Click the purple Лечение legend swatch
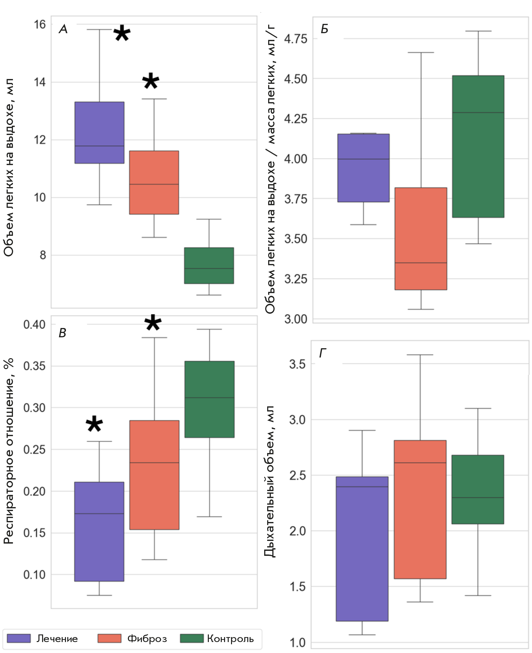click(x=19, y=638)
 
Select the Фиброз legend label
click(x=147, y=638)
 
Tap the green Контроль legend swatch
click(x=192, y=638)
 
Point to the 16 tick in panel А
click(x=40, y=25)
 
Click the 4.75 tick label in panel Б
click(x=296, y=39)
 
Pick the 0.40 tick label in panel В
click(x=34, y=324)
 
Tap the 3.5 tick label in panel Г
click(x=297, y=364)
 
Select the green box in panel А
click(x=209, y=265)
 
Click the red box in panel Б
click(x=421, y=238)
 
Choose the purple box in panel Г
click(x=362, y=549)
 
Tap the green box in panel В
click(x=209, y=399)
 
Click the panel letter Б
click(x=324, y=29)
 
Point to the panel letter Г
click(x=323, y=353)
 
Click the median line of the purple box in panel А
click(x=99, y=146)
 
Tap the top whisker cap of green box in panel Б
click(x=478, y=31)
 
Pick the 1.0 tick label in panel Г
click(x=297, y=642)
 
